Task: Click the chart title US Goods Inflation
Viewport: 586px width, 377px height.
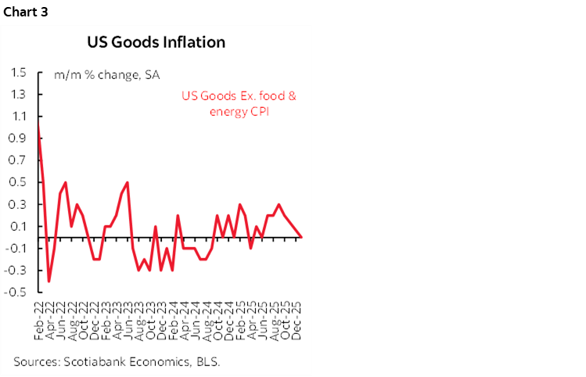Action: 157,41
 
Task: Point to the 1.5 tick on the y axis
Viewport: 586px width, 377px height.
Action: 20,73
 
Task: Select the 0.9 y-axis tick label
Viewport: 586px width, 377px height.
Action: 20,138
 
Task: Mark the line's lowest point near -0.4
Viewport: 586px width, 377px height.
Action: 49,281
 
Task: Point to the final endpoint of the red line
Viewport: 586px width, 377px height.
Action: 302,237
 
